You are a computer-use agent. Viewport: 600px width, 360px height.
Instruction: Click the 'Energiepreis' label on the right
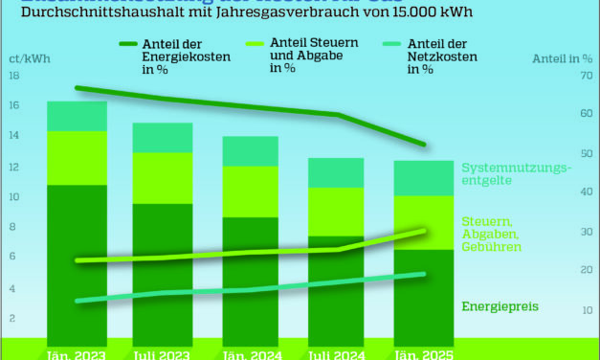[x=499, y=306]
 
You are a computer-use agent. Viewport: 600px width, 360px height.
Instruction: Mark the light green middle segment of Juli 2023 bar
[x=163, y=178]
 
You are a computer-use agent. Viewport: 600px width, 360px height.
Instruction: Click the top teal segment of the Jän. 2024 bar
[x=251, y=150]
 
